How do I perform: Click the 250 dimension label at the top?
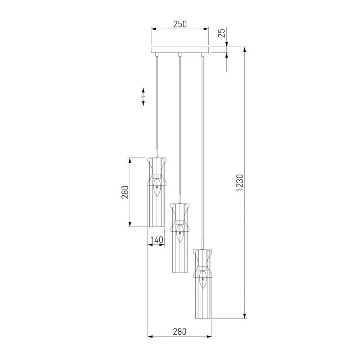tap(180, 24)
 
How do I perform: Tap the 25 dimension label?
tap(221, 33)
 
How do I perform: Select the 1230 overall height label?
tap(240, 183)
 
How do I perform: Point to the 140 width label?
tap(157, 240)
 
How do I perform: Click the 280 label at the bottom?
tap(180, 332)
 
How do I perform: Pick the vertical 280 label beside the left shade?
tap(125, 192)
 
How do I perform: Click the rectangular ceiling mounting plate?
tap(180, 50)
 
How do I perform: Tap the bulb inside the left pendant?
tap(157, 188)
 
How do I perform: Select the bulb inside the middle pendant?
tap(180, 234)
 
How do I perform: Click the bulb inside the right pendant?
tap(202, 279)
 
